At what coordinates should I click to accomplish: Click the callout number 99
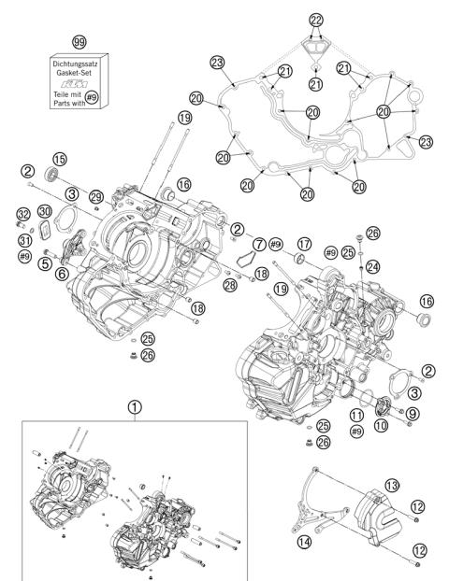tap(80, 43)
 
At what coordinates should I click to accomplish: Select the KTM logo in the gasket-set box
tap(80, 81)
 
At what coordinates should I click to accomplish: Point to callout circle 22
tap(316, 21)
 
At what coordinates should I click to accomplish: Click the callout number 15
tap(60, 158)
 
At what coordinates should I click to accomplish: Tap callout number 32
tap(22, 215)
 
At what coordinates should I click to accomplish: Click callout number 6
tap(61, 273)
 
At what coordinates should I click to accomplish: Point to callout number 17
tap(304, 245)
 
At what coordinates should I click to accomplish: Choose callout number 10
tap(384, 425)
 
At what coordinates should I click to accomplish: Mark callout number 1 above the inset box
tap(137, 407)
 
